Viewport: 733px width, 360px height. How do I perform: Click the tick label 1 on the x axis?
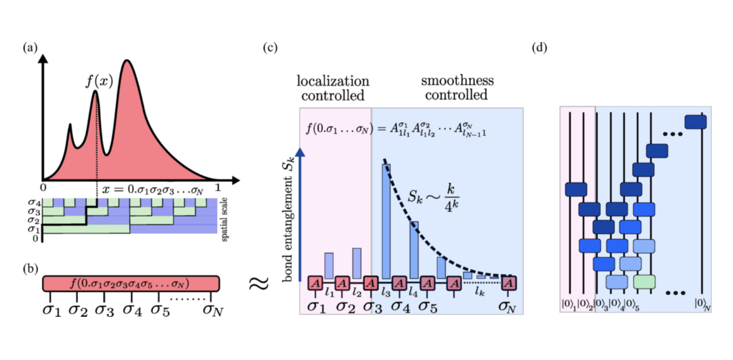pyautogui.click(x=218, y=188)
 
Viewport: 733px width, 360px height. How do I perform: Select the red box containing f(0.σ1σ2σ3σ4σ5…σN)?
pyautogui.click(x=131, y=283)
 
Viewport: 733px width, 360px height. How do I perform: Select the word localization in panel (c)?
pyautogui.click(x=333, y=81)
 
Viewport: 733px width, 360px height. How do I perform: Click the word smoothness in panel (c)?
pyautogui.click(x=457, y=81)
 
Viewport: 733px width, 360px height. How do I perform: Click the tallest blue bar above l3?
pyautogui.click(x=386, y=220)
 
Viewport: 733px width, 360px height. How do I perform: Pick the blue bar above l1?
pyautogui.click(x=329, y=265)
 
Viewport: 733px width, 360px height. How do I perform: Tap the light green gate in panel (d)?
pyautogui.click(x=644, y=281)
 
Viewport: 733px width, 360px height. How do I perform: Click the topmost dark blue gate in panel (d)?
pyautogui.click(x=696, y=122)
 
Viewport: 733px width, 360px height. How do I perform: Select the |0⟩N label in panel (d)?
pyautogui.click(x=703, y=304)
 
